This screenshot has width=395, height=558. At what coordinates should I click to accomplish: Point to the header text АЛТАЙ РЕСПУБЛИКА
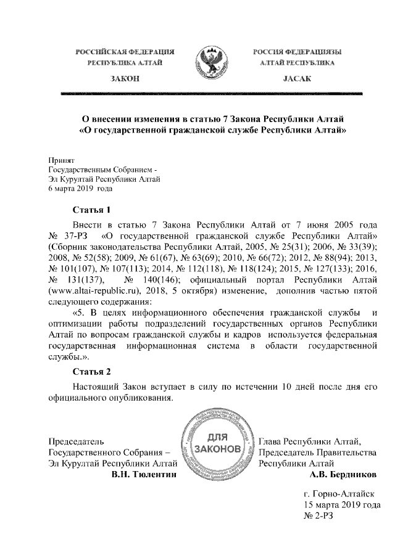click(x=297, y=63)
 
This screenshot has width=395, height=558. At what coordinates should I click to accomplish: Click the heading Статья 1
click(x=91, y=209)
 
